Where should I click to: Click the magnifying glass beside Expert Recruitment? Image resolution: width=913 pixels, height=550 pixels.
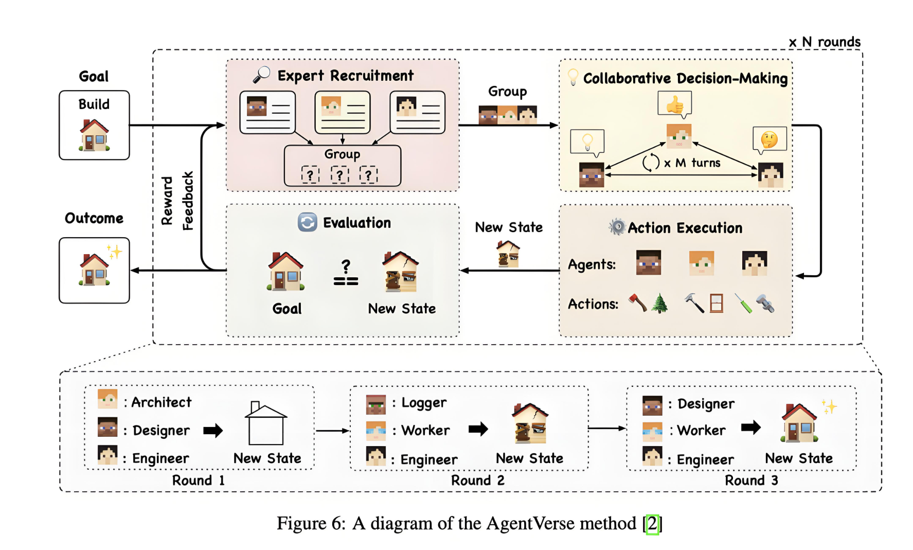coord(261,75)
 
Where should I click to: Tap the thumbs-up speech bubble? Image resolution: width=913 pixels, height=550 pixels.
coord(674,104)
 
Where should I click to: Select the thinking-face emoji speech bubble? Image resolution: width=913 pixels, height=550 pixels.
coord(769,139)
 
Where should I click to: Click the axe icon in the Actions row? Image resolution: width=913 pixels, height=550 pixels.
coord(638,303)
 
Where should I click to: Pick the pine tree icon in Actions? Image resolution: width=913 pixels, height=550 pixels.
coord(659,304)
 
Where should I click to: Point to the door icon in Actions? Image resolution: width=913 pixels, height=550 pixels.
coord(716,304)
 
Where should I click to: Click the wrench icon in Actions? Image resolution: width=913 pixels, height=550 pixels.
coord(765,304)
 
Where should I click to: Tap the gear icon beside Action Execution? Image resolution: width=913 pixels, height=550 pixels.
coord(617,227)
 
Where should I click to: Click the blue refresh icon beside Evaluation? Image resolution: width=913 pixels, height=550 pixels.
coord(308,222)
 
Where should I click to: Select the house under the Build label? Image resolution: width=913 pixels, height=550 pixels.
coord(94,135)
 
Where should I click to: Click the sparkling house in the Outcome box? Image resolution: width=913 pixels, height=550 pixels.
coord(95,269)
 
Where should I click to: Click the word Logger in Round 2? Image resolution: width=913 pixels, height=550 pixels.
coord(424,403)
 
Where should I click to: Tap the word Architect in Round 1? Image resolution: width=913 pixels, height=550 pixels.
coord(161,402)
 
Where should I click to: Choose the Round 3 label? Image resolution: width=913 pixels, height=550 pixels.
coord(751,481)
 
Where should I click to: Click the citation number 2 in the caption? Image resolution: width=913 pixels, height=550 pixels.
coord(652,524)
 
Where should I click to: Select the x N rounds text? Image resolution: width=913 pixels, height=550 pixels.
coord(825,42)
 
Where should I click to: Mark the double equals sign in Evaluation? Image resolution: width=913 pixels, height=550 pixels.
coord(346,281)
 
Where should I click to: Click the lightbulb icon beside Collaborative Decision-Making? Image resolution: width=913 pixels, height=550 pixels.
coord(572,77)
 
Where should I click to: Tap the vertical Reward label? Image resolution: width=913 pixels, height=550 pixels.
coord(167,201)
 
